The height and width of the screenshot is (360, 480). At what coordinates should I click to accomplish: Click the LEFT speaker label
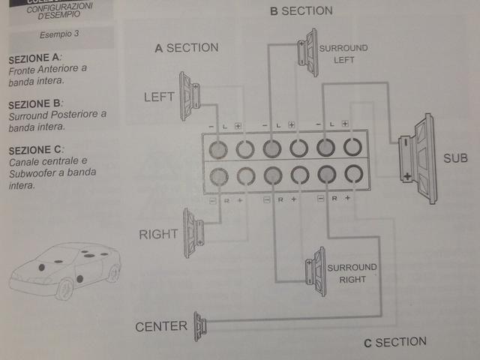(157, 97)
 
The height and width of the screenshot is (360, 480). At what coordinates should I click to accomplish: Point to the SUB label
(455, 158)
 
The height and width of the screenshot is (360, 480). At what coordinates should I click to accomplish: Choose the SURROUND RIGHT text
(352, 273)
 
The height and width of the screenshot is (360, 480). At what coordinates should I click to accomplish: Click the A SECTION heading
(186, 48)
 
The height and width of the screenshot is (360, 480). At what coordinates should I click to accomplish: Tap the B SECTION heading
(301, 10)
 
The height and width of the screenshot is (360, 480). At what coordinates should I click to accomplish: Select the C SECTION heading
(395, 343)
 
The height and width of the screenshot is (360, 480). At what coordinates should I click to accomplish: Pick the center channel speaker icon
(200, 326)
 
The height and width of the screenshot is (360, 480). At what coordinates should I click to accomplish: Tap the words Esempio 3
(59, 35)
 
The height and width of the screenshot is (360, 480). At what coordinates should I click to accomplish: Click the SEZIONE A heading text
(34, 58)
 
